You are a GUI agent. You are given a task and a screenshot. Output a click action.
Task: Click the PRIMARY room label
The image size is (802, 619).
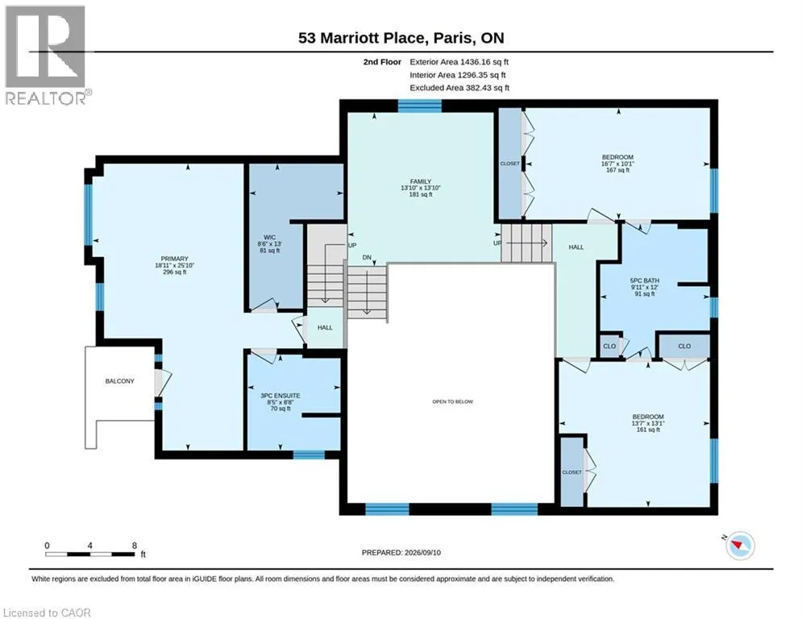(x=174, y=259)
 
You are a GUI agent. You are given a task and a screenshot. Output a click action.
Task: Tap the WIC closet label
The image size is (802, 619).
(x=269, y=238)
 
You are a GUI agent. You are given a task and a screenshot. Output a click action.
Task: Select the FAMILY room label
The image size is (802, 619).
(x=421, y=181)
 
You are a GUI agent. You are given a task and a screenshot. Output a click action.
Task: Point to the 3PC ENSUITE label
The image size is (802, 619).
(x=280, y=396)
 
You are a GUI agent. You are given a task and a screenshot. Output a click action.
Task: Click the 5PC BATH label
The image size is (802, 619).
(x=645, y=280)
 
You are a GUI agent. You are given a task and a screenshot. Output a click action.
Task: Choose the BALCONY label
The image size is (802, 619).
(x=119, y=381)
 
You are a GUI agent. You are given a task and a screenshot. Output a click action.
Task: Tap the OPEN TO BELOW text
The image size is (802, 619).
(x=453, y=401)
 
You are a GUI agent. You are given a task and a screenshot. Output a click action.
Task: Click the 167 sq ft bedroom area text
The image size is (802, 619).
(x=618, y=170)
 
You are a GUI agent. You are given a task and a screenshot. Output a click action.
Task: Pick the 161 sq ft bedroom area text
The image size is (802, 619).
(x=648, y=430)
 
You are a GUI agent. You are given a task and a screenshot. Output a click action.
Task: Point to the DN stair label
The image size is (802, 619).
(x=367, y=257)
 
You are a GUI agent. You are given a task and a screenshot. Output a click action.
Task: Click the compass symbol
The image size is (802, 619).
(x=740, y=546)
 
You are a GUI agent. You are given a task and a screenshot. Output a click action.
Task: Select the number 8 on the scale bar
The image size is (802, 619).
(x=135, y=546)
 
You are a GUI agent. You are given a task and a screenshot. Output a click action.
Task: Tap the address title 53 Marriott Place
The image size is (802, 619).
(x=362, y=38)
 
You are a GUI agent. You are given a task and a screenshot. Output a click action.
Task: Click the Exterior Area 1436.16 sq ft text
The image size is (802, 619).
(x=459, y=62)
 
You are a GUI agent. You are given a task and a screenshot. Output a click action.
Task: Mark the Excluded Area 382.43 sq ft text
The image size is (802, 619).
(x=459, y=88)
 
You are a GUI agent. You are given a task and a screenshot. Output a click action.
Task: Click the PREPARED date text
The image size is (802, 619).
(x=401, y=552)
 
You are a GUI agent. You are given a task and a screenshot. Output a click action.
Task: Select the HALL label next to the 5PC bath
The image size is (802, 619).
(x=576, y=247)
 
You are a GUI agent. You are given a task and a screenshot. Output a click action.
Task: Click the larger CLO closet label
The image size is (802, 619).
(x=684, y=347)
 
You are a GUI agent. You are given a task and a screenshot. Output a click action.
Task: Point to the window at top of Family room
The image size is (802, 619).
(x=419, y=106)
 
